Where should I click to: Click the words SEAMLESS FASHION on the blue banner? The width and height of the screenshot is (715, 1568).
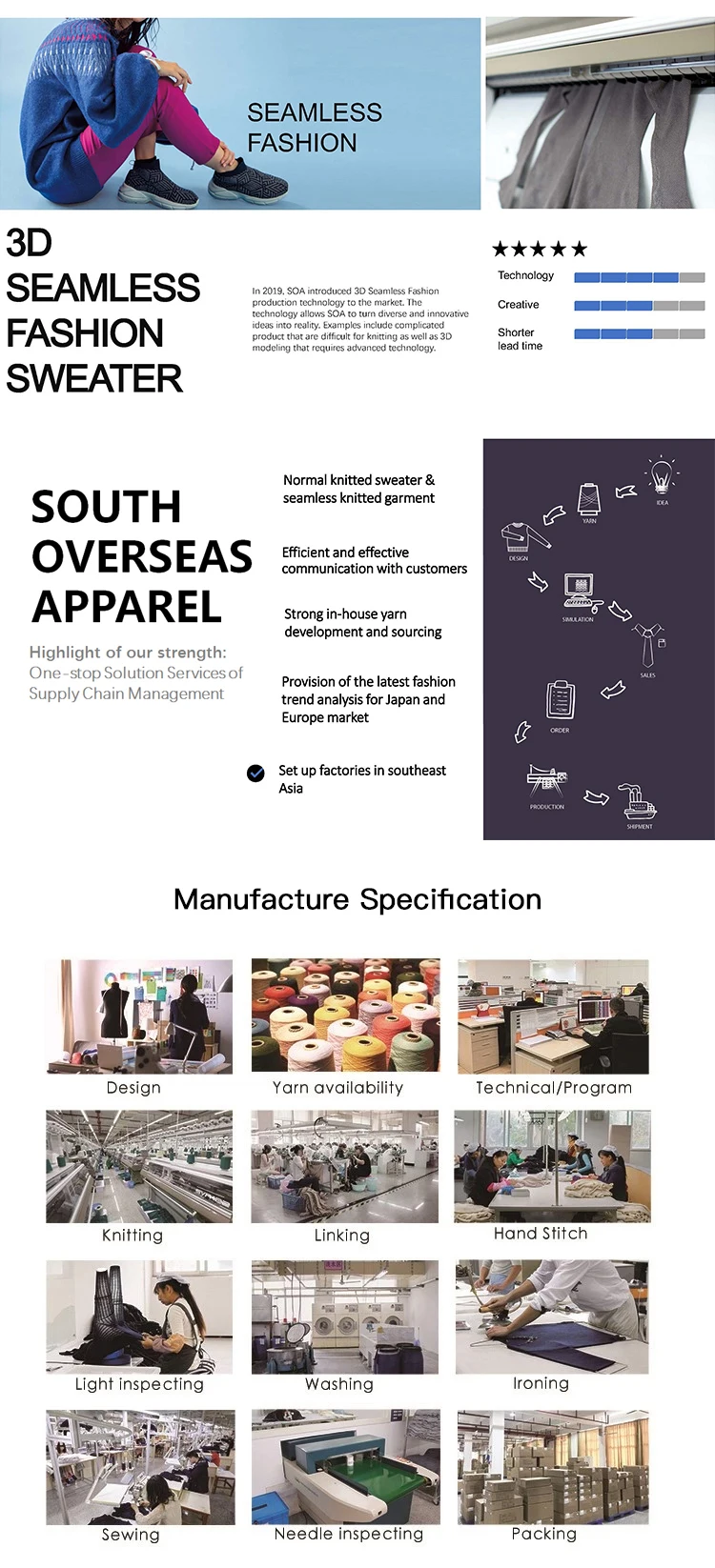(x=315, y=128)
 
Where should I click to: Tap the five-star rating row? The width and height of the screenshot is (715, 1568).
(x=540, y=250)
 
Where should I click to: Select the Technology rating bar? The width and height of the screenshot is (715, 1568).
(x=639, y=277)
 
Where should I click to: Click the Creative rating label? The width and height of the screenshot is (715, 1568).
(x=519, y=305)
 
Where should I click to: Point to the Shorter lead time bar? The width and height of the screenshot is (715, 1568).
(x=639, y=334)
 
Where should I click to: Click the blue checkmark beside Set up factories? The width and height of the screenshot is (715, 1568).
(x=255, y=774)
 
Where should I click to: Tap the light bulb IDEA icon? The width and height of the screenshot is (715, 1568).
(x=662, y=475)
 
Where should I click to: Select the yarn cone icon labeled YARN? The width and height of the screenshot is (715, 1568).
(x=589, y=498)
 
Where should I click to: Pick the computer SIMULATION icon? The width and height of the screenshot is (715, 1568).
(x=579, y=592)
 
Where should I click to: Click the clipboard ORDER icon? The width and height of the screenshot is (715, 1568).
(x=560, y=700)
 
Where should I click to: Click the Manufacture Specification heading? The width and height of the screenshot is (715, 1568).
(x=357, y=899)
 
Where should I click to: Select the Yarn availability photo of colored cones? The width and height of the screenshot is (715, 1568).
(x=346, y=1015)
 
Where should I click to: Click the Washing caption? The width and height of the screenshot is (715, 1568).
(x=339, y=1384)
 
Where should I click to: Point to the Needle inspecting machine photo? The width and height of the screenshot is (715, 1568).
(x=346, y=1467)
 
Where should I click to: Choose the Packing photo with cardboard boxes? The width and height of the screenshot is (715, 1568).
(x=553, y=1467)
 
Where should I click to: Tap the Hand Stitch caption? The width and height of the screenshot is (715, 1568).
(x=541, y=1234)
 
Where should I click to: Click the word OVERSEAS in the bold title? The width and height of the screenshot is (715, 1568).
(x=142, y=556)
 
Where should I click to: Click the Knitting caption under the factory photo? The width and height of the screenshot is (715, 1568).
(x=133, y=1236)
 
